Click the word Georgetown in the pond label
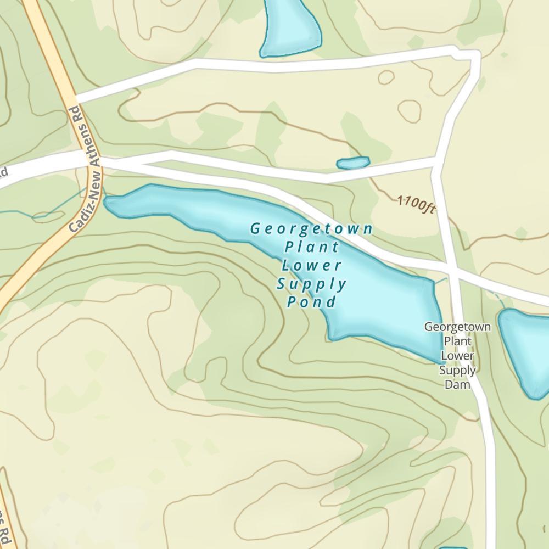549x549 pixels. (x=312, y=228)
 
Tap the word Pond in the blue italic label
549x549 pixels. (x=312, y=302)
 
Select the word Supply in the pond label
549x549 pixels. (x=312, y=284)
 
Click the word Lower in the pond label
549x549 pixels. (x=312, y=265)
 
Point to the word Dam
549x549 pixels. (x=458, y=384)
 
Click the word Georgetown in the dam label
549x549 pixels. (x=458, y=327)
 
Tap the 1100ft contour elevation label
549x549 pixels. (x=416, y=204)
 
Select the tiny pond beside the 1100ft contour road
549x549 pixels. (x=352, y=163)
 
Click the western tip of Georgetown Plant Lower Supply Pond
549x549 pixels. (x=108, y=204)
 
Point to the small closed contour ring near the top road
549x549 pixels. (x=386, y=77)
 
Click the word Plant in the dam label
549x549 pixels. (x=458, y=341)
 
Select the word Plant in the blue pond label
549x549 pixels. (x=312, y=247)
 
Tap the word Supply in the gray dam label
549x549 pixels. (x=458, y=369)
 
